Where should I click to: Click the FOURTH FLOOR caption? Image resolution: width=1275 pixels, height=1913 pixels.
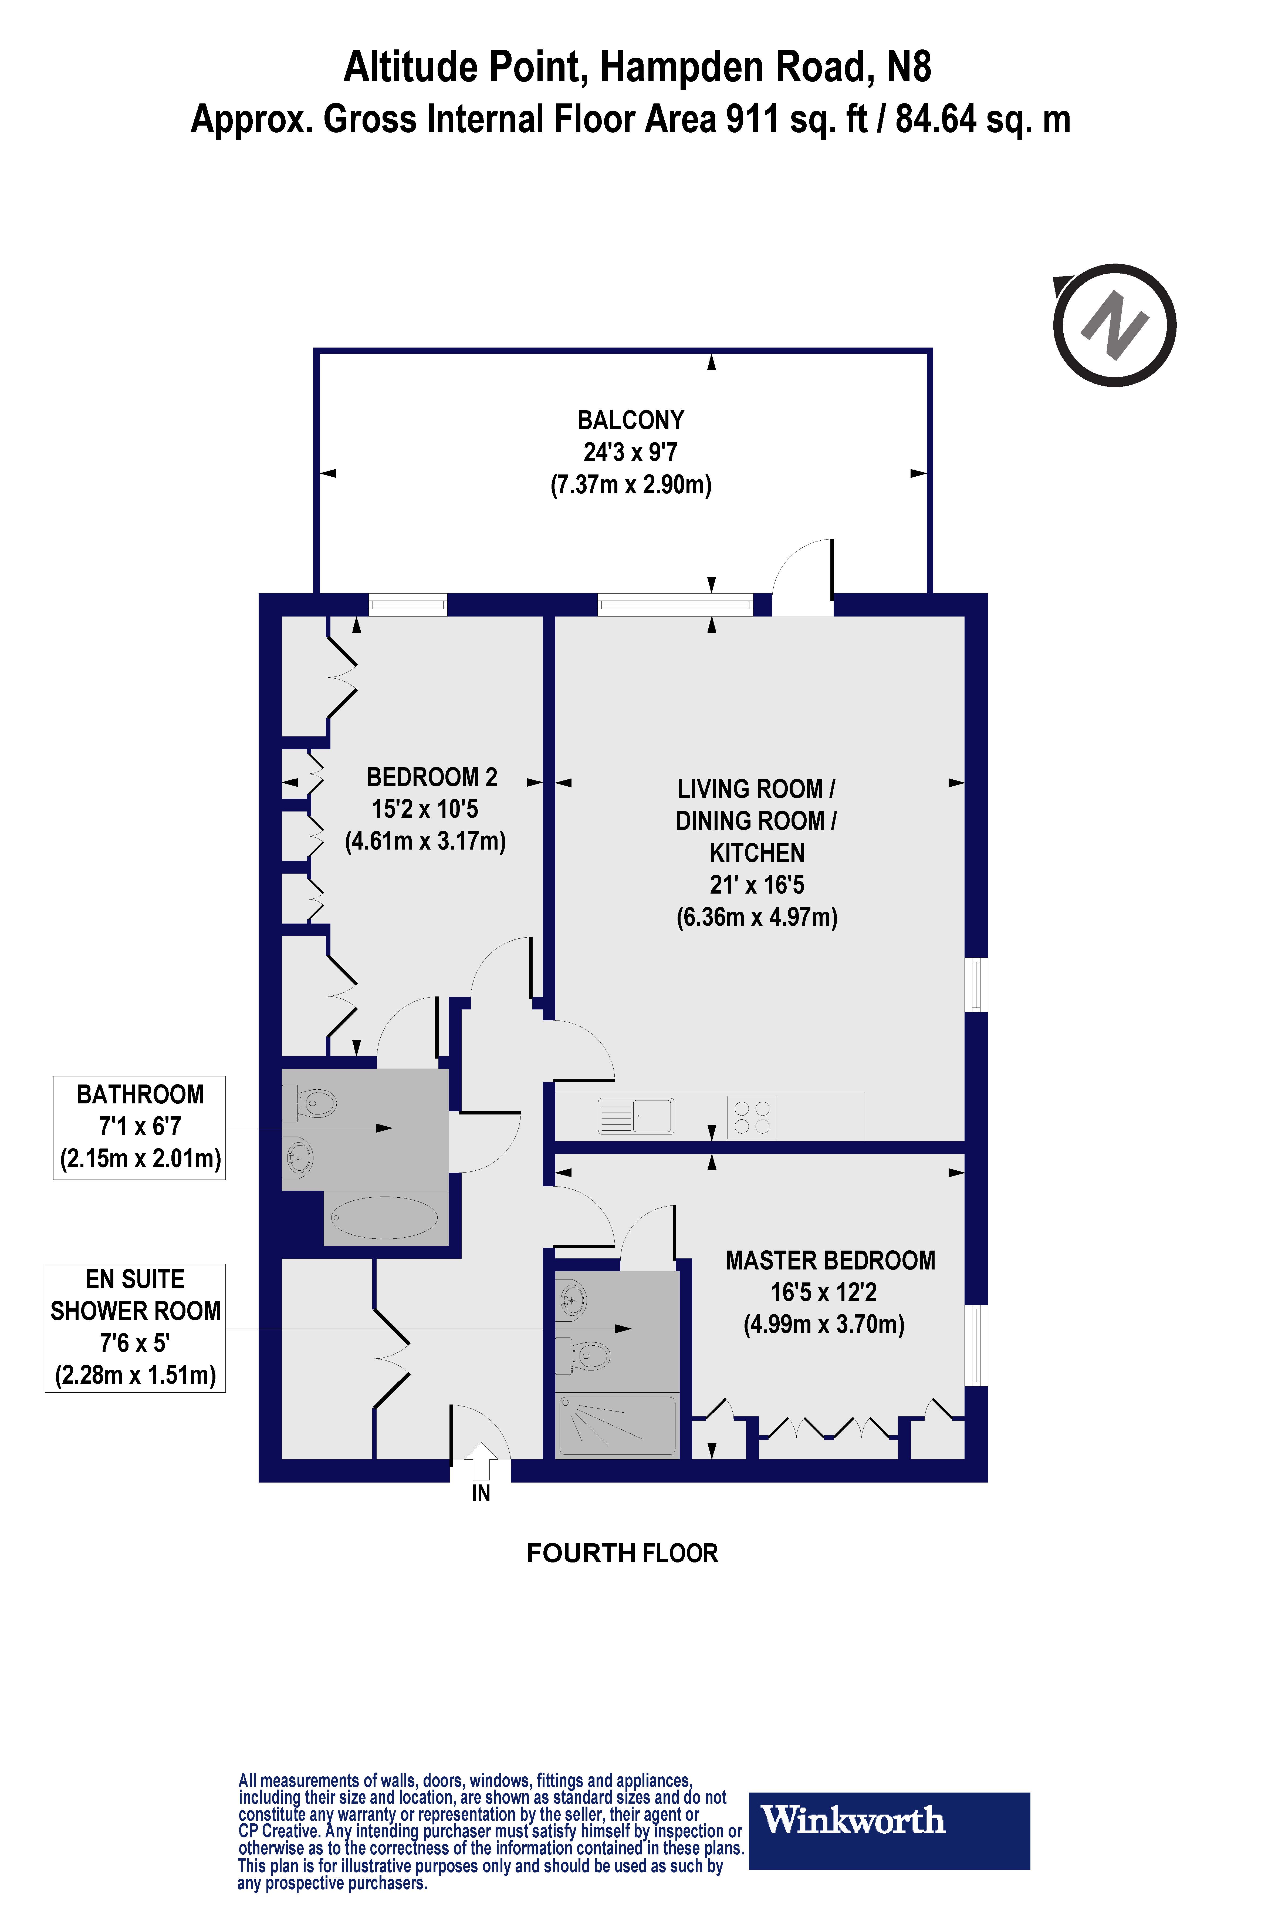coord(622,1554)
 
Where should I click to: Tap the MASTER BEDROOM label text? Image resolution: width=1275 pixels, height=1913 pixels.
coord(830,1261)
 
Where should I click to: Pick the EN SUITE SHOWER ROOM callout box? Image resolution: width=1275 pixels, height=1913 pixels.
coord(135,1327)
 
